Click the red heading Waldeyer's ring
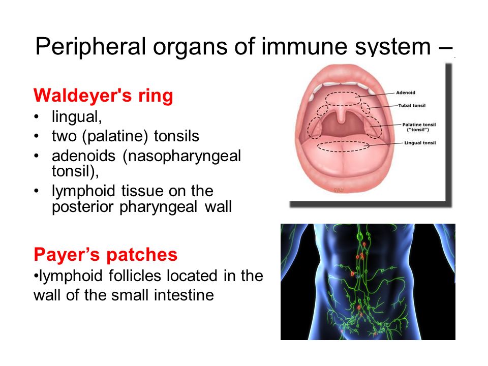[x=103, y=95]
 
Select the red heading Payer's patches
[x=106, y=255]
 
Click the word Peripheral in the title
[x=90, y=47]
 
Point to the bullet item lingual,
[x=77, y=117]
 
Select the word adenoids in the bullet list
[x=84, y=156]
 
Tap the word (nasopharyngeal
[x=182, y=156]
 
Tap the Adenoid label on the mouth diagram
[x=406, y=93]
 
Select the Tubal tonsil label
[x=412, y=106]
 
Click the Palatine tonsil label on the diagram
[x=419, y=127]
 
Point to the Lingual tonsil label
[x=420, y=143]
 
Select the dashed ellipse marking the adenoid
[x=343, y=93]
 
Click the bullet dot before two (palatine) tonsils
[x=37, y=136]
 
